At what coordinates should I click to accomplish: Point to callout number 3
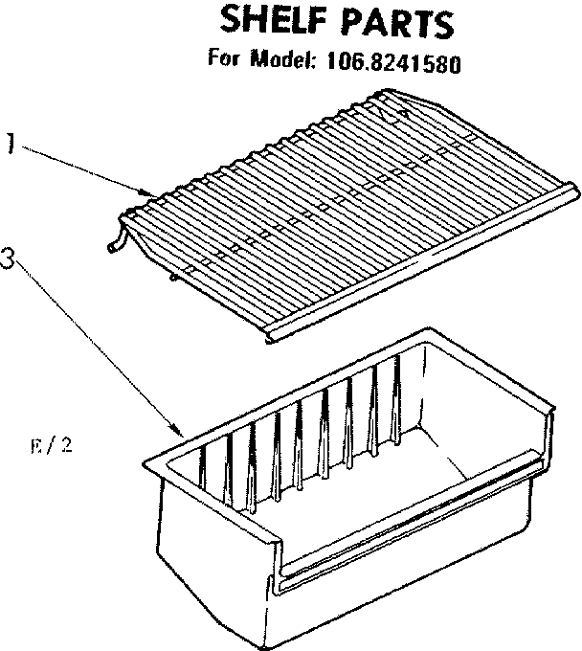pos(10,258)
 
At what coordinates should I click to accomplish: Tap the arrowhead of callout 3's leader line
pos(179,432)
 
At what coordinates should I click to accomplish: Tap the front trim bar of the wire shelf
pos(421,263)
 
